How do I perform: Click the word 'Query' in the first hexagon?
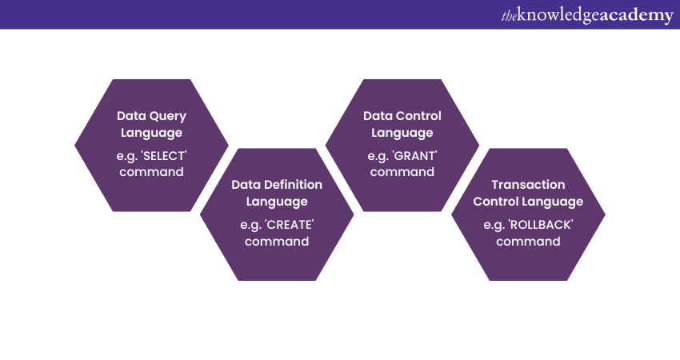168,117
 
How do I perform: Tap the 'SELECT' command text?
163,156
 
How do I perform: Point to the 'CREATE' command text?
290,224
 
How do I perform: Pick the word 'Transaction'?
528,185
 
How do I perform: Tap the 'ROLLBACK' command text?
541,224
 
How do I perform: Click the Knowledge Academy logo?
587,14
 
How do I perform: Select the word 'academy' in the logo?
637,16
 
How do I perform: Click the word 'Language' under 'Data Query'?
151,133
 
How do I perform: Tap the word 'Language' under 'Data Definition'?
277,202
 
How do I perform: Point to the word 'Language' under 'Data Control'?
402,133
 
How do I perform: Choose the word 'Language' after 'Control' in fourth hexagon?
553,202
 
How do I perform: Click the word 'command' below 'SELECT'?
151,172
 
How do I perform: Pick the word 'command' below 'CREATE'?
277,241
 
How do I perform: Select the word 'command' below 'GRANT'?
402,172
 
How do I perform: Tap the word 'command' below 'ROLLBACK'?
528,241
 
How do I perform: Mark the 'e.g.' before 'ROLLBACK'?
494,225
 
